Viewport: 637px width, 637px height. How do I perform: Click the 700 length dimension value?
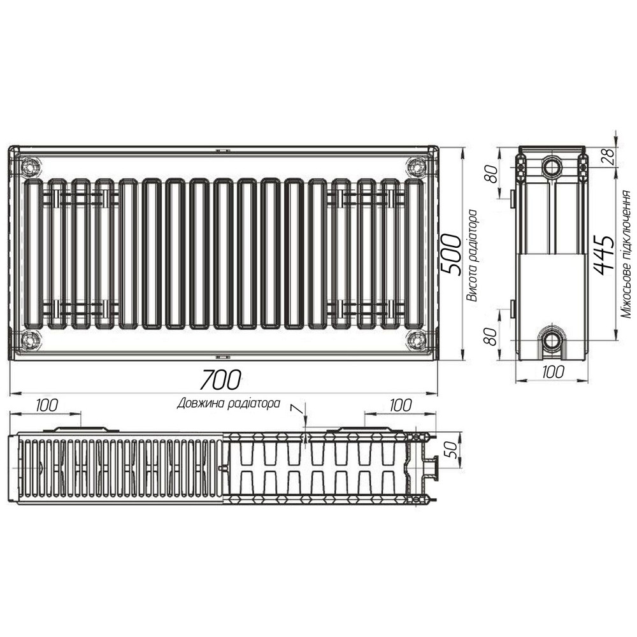[x=220, y=380]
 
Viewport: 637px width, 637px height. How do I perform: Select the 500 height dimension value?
[x=451, y=254]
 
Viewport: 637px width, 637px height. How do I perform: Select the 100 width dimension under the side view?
[x=552, y=373]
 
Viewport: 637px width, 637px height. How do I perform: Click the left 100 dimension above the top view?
[x=47, y=406]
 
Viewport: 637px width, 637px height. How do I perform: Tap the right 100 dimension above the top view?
[x=399, y=405]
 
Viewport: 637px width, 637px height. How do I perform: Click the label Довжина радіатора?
[x=229, y=403]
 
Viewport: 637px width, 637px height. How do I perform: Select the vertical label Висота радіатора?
[x=472, y=255]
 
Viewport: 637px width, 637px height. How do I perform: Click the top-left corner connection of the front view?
[x=29, y=168]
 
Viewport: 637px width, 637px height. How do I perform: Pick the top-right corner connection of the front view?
[x=417, y=168]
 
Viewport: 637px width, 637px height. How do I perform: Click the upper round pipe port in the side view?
[x=552, y=168]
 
